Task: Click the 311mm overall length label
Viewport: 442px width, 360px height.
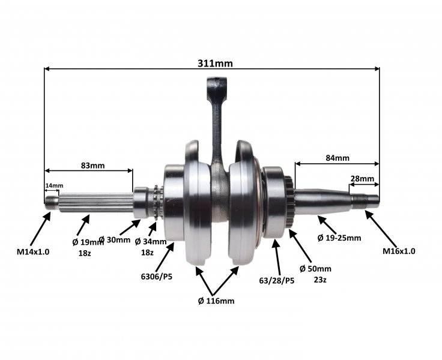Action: pos(215,64)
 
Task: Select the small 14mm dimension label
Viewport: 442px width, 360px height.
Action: pos(54,185)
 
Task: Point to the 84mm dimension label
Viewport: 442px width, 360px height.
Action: pos(338,158)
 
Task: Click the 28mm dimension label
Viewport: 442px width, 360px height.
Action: pos(362,179)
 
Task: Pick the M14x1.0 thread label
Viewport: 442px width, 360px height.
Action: pos(33,251)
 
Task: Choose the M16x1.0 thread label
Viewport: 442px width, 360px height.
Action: pos(399,251)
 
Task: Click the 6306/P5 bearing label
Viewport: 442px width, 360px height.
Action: pos(157,277)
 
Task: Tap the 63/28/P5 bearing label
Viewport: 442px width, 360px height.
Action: pos(276,281)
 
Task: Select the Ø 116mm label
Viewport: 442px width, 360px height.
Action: pos(216,301)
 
